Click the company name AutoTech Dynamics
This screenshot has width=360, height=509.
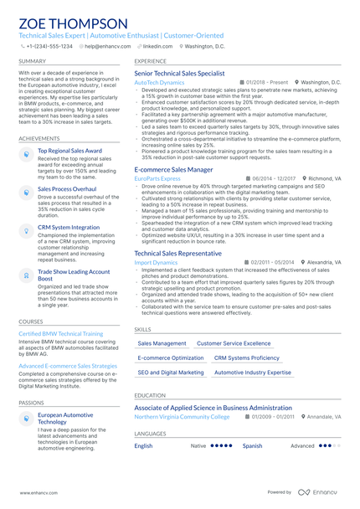(x=159, y=83)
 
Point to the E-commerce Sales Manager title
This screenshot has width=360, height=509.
(x=173, y=169)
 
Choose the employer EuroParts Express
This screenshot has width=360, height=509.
(x=157, y=178)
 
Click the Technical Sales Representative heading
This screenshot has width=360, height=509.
(x=177, y=253)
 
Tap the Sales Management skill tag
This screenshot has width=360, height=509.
(x=162, y=343)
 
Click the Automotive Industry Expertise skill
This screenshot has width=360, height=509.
(x=253, y=372)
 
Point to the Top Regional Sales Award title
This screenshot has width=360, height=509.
(x=69, y=151)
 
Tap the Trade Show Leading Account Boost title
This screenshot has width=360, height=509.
(x=74, y=275)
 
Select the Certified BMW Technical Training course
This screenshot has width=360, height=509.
(x=61, y=333)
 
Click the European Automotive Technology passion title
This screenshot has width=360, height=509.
(x=66, y=419)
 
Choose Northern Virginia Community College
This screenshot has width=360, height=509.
(x=182, y=416)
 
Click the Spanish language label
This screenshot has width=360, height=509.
(x=252, y=446)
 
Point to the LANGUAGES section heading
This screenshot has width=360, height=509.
(x=150, y=434)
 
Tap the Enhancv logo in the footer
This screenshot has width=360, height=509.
(x=319, y=492)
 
